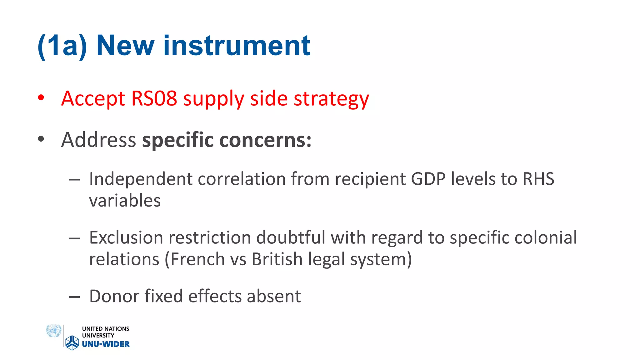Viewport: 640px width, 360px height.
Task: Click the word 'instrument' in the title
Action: tap(237, 46)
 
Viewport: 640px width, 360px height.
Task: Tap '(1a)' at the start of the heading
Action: tap(62, 46)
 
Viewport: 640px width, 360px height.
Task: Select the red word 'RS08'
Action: tap(154, 98)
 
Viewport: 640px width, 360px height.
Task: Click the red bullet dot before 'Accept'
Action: tap(41, 98)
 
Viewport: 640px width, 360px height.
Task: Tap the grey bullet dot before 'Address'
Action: tap(41, 139)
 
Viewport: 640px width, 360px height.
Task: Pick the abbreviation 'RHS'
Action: tap(538, 179)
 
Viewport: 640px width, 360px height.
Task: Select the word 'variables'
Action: tap(125, 201)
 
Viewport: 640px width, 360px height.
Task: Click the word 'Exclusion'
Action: tap(126, 237)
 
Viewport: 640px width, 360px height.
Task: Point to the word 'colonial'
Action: tap(545, 237)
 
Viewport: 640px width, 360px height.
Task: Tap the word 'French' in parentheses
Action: tap(197, 259)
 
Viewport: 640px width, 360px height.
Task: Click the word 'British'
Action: tap(277, 259)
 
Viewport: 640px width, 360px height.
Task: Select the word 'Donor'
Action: tap(114, 296)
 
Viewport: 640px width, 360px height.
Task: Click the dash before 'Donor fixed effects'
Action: tap(74, 297)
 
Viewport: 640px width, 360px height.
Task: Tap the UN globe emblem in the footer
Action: tap(54, 331)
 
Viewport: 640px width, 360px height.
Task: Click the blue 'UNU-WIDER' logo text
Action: tap(106, 344)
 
